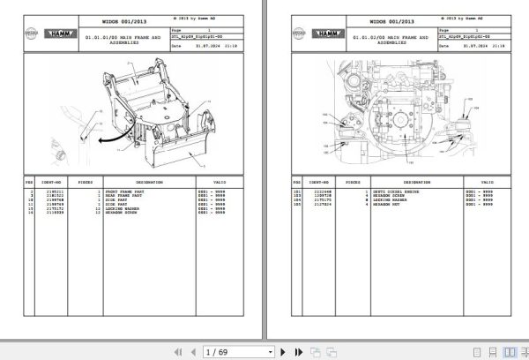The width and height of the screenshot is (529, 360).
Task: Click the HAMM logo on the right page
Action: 308,32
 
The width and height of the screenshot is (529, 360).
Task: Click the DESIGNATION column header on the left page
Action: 124,183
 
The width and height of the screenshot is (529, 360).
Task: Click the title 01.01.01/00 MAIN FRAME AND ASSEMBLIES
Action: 123,41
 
